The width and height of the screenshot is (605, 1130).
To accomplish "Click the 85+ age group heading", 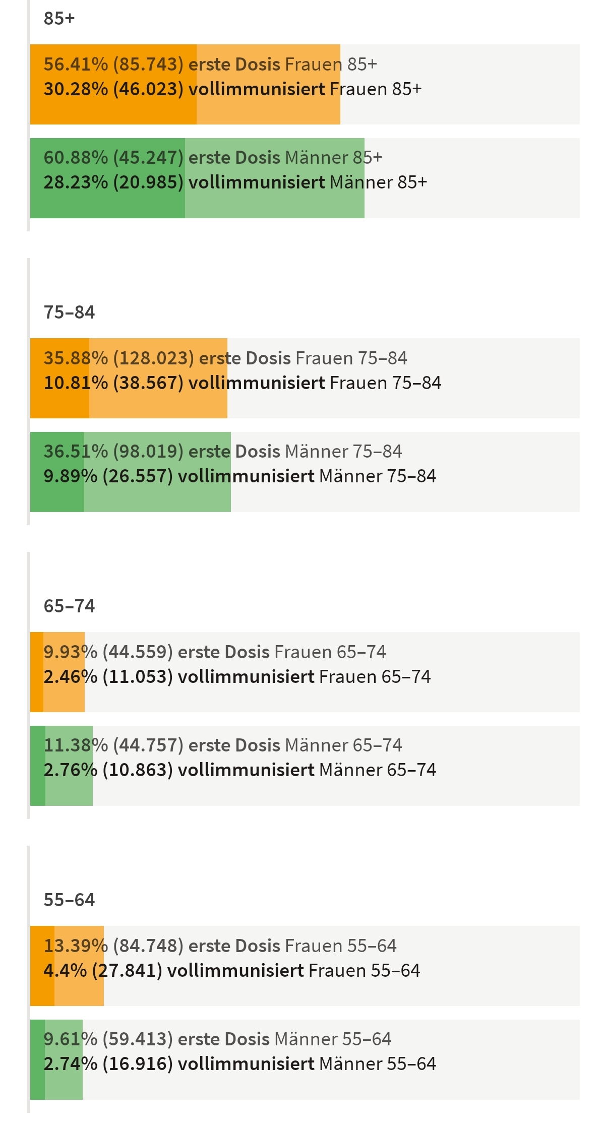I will click(59, 19).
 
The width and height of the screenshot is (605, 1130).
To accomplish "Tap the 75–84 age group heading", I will click(69, 312).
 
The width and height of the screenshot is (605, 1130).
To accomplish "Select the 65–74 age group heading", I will click(69, 606).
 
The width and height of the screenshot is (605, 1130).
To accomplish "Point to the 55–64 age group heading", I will click(69, 900).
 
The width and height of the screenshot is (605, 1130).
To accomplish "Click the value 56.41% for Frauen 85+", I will click(76, 65).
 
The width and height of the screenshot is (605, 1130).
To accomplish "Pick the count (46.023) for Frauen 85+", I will click(148, 89).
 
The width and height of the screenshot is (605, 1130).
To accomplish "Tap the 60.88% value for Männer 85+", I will click(76, 158).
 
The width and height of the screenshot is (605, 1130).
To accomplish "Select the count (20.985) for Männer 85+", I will click(148, 182).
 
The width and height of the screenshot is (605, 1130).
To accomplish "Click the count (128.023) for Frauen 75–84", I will click(153, 358).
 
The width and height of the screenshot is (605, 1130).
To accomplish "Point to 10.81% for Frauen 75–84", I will click(76, 383).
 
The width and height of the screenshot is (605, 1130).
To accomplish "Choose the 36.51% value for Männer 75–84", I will click(76, 452).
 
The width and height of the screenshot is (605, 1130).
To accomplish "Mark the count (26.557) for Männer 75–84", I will click(138, 476).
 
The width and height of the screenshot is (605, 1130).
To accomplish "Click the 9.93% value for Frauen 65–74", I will click(71, 652).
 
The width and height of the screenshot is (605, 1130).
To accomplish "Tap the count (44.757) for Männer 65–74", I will click(148, 745).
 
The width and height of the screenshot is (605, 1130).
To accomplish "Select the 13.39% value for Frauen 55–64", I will click(76, 946).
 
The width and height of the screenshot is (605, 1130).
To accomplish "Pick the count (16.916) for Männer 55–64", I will click(138, 1064).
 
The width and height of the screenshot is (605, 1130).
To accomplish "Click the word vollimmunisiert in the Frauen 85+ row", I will click(257, 89).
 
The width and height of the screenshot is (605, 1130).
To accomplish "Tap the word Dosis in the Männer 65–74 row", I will click(257, 745).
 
